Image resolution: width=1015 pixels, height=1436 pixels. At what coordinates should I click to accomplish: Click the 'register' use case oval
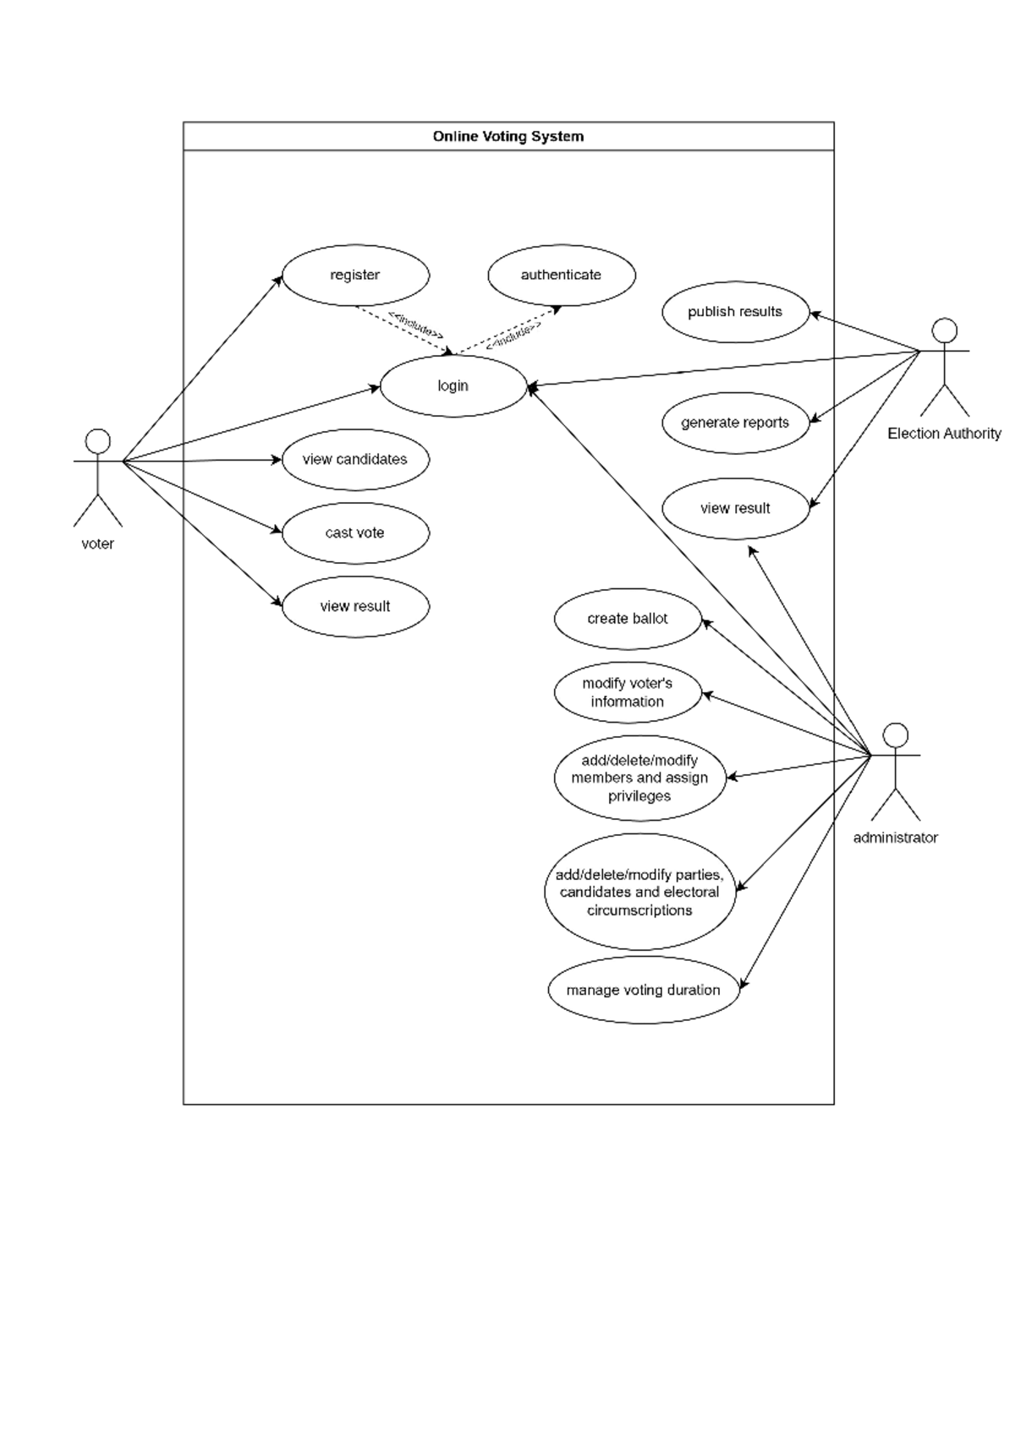click(355, 276)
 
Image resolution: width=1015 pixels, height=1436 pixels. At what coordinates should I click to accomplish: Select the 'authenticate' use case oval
click(561, 276)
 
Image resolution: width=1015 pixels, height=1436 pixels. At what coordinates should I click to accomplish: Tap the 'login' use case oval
click(453, 386)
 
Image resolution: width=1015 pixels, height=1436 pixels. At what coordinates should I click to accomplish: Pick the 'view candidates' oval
click(355, 460)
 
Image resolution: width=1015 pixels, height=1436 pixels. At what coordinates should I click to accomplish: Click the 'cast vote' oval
click(355, 533)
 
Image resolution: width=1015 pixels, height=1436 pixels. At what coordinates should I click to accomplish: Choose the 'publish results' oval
click(735, 312)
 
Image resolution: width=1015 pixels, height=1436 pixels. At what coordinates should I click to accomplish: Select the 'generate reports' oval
click(735, 423)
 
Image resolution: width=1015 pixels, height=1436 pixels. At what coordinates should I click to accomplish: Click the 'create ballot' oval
click(628, 619)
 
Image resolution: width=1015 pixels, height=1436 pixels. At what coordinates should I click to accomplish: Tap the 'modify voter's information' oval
click(628, 692)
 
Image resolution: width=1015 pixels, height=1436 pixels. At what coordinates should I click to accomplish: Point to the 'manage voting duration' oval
click(643, 990)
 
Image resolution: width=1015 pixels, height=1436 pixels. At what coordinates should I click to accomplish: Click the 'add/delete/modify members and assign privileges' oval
click(639, 778)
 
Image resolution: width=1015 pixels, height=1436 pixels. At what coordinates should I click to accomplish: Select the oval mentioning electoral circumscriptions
click(639, 893)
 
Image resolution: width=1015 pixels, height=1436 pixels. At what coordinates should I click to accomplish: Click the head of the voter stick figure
click(98, 440)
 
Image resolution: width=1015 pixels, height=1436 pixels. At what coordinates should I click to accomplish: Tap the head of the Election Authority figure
click(944, 330)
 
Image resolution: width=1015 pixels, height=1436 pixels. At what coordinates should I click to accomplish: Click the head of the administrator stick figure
click(895, 735)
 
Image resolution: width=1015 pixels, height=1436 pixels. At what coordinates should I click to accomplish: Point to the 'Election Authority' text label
click(944, 434)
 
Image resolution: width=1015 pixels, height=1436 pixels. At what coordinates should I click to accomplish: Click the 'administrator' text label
click(895, 838)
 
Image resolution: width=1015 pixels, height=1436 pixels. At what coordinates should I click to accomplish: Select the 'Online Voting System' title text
click(508, 136)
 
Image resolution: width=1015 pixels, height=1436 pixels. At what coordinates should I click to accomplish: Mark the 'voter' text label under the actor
click(98, 543)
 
